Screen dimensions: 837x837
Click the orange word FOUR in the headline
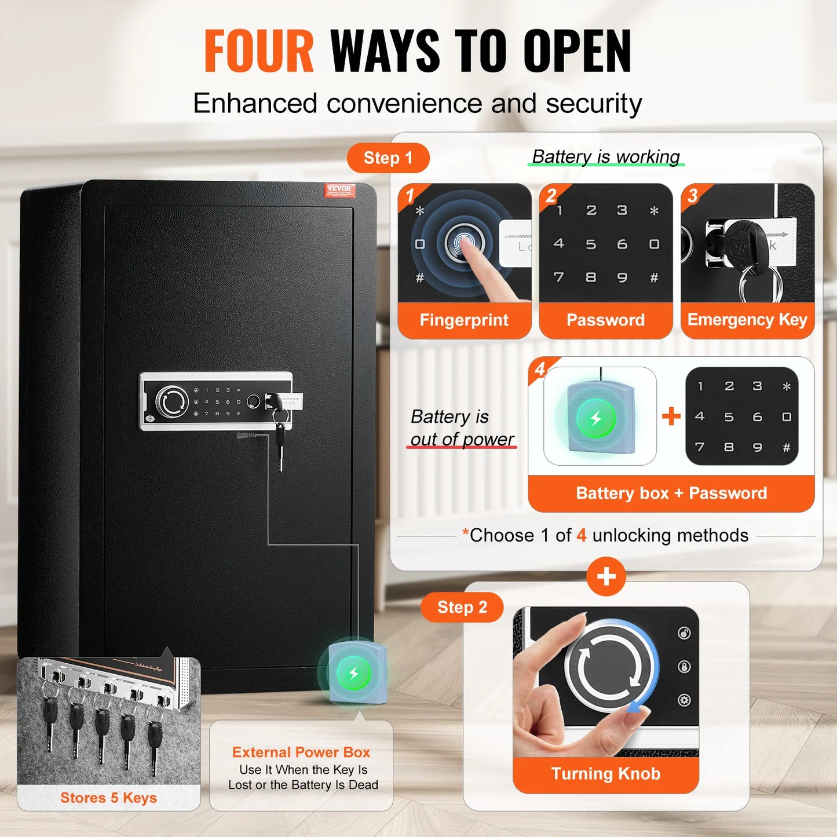(x=259, y=52)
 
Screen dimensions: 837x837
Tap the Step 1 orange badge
(x=388, y=158)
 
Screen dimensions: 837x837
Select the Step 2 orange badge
(x=462, y=607)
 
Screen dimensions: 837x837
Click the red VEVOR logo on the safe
(x=339, y=190)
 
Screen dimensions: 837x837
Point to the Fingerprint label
(x=464, y=320)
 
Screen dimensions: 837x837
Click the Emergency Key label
(x=747, y=320)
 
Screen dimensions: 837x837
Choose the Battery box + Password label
(x=671, y=493)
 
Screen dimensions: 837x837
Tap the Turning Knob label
(x=605, y=774)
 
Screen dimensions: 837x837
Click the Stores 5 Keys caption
(x=108, y=798)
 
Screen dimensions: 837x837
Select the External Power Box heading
(x=301, y=752)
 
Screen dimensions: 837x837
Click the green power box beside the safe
(x=353, y=673)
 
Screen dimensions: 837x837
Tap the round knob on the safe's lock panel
(x=172, y=401)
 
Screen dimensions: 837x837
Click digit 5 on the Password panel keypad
(x=590, y=244)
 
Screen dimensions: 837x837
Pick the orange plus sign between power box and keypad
(x=671, y=416)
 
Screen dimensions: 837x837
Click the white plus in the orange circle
(x=606, y=576)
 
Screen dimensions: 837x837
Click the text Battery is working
(x=605, y=156)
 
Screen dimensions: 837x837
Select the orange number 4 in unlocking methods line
(x=581, y=535)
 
